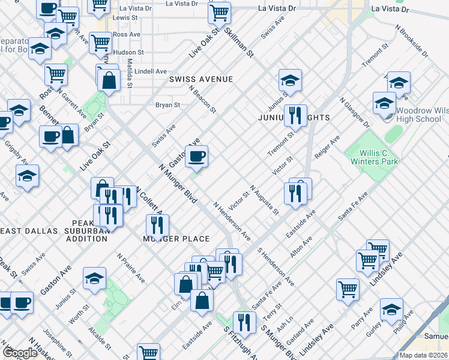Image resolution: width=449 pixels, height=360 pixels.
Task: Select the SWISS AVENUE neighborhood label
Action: coord(200,79)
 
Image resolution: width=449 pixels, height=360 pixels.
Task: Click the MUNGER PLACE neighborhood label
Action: coord(176,239)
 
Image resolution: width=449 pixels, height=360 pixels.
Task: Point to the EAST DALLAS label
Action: coord(29,231)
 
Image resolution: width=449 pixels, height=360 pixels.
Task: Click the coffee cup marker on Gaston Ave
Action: coord(196,158)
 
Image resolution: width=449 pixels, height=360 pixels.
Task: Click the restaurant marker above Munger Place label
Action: coord(157,226)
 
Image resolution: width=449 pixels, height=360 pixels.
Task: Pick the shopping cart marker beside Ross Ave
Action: coord(100,43)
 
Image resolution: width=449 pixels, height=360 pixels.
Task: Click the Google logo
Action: coord(20,352)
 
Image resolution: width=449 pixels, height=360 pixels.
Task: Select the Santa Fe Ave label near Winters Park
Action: coord(352,206)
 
